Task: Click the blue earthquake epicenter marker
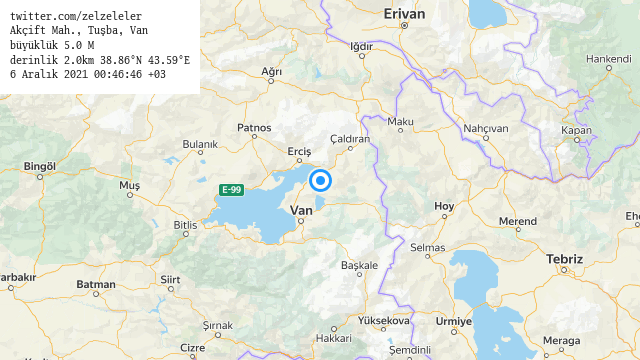(x=321, y=180)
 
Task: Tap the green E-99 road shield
(x=232, y=189)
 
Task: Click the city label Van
(x=300, y=210)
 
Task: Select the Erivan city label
(x=404, y=14)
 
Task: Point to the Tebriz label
(x=564, y=259)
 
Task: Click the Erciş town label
(x=299, y=151)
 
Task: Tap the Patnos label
(x=254, y=127)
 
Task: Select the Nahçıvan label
(x=486, y=128)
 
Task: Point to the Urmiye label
(x=453, y=321)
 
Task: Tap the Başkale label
(x=360, y=265)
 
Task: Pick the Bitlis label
(x=185, y=225)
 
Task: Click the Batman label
(x=96, y=285)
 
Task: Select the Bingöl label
(x=39, y=166)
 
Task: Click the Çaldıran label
(x=350, y=138)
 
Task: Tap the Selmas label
(x=427, y=247)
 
